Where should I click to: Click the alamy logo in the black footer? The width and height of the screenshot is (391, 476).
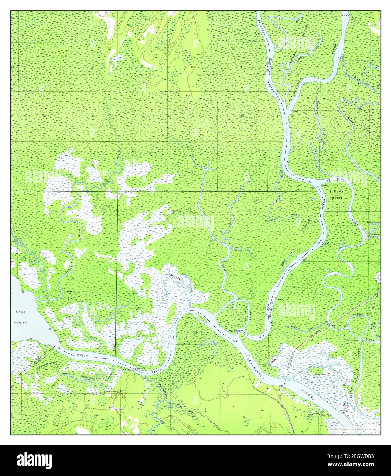coord(34,460)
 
